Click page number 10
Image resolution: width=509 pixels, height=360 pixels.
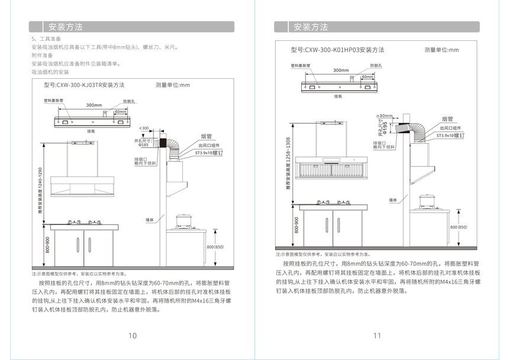pos(133,336)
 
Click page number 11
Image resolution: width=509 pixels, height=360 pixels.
pos(377,336)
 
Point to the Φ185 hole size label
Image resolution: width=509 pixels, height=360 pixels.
pos(144,144)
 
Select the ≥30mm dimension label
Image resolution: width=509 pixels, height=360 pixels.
pos(385,115)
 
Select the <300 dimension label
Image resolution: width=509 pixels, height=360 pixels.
pos(144,128)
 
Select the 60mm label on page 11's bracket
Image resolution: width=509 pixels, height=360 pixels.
pos(367,76)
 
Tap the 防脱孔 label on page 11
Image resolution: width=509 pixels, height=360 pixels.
pos(376,65)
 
